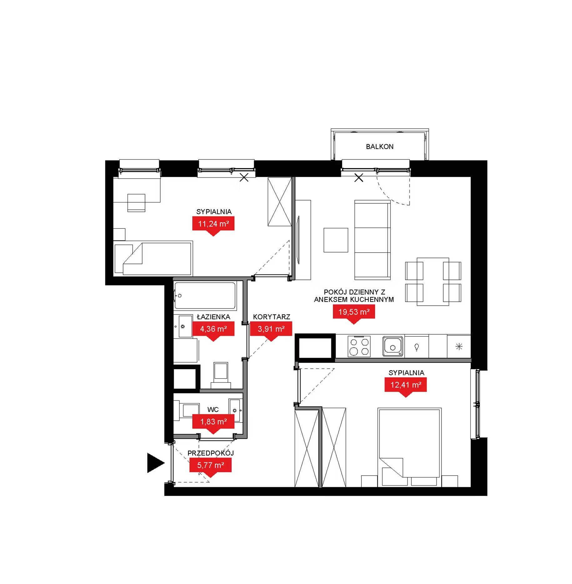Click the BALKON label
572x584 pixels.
[x=379, y=146]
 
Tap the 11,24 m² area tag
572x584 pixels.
[x=213, y=225]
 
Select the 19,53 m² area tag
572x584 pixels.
[x=354, y=313]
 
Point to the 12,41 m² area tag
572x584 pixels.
[x=406, y=385]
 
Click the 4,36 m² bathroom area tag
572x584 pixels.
[x=213, y=329]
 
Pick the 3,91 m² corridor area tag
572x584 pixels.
[x=271, y=329]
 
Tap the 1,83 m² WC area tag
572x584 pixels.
[x=213, y=422]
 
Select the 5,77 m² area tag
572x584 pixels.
[x=210, y=466]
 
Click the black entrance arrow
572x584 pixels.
[x=155, y=463]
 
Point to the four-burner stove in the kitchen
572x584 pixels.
[x=359, y=346]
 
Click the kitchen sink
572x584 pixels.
[x=393, y=346]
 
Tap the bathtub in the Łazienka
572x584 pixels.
[x=205, y=295]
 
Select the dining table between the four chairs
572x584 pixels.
[x=433, y=282]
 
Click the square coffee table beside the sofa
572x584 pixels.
[x=336, y=240]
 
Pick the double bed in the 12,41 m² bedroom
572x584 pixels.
[x=409, y=447]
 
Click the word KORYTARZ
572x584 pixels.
[x=272, y=317]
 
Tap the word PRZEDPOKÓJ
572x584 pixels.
[x=211, y=453]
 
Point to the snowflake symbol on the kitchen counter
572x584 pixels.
[x=459, y=346]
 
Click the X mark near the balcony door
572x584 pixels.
[x=359, y=178]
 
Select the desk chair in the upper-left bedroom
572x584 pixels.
[x=136, y=203]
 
